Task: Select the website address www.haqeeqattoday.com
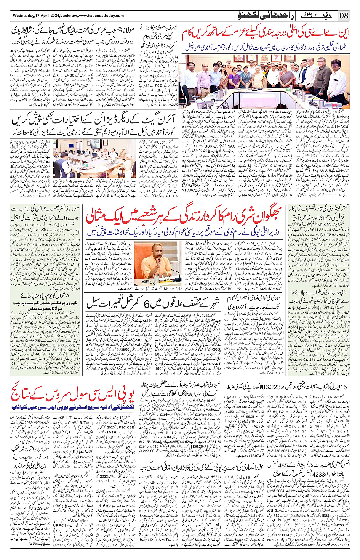[x=101, y=16]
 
